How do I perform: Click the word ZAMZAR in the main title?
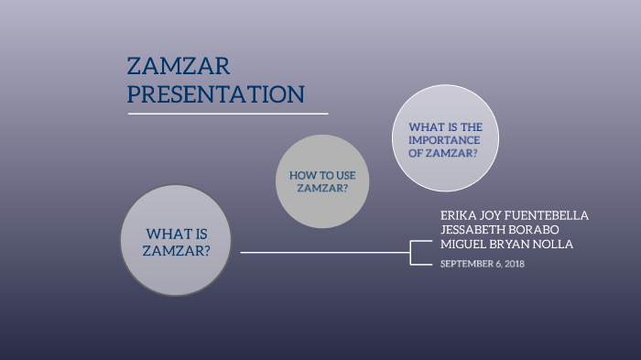[179, 66]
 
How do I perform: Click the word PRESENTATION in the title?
[215, 93]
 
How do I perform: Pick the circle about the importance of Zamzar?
[445, 139]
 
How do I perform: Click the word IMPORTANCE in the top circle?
[445, 140]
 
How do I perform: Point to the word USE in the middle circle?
[332, 174]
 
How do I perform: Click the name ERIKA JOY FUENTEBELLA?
[514, 215]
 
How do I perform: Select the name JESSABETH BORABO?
[501, 229]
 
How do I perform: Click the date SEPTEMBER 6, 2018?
[483, 264]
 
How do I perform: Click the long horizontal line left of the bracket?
[320, 252]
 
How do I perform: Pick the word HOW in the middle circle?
[302, 174]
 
